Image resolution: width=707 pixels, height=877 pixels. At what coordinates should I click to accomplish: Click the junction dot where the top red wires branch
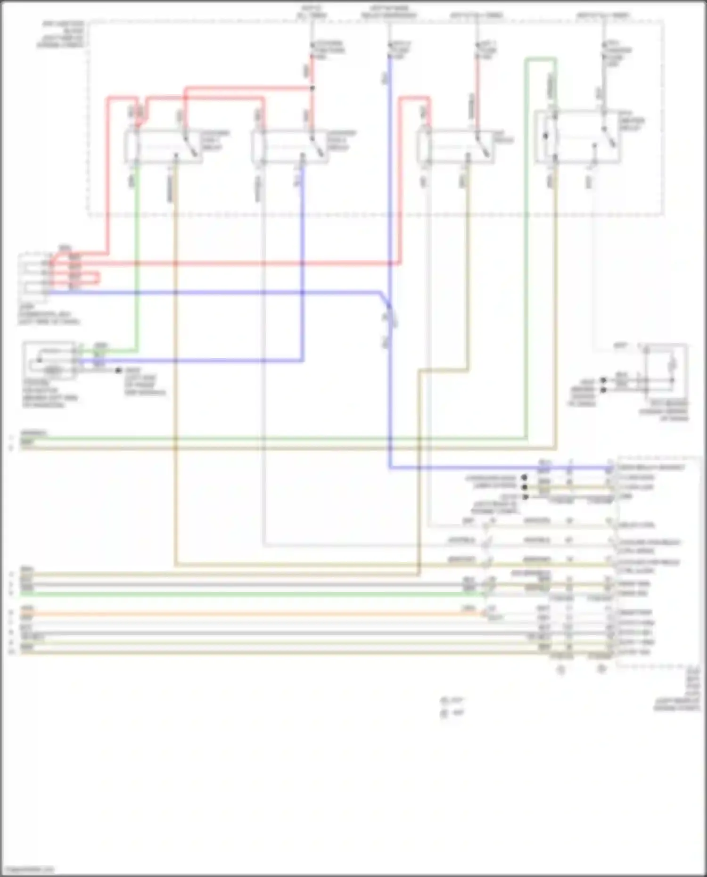(x=312, y=88)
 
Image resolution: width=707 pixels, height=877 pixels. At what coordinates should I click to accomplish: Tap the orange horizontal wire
(x=236, y=614)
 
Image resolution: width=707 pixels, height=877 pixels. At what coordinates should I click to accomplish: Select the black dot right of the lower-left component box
(x=118, y=370)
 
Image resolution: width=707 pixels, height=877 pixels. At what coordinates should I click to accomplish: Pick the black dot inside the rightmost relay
(x=546, y=136)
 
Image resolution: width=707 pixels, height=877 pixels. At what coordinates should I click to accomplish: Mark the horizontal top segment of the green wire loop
(x=541, y=59)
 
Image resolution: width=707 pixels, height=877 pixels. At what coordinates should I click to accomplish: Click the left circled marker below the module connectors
(x=561, y=669)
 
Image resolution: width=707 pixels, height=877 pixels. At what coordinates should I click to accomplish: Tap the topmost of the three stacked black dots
(x=524, y=477)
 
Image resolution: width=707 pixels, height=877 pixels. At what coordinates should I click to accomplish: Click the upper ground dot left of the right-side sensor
(x=603, y=380)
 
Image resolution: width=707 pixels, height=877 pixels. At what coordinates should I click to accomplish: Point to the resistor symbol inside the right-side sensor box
(x=673, y=364)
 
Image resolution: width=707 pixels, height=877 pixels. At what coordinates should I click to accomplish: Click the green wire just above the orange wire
(x=236, y=594)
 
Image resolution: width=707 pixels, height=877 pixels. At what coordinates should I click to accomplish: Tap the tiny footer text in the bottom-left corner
(x=27, y=869)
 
